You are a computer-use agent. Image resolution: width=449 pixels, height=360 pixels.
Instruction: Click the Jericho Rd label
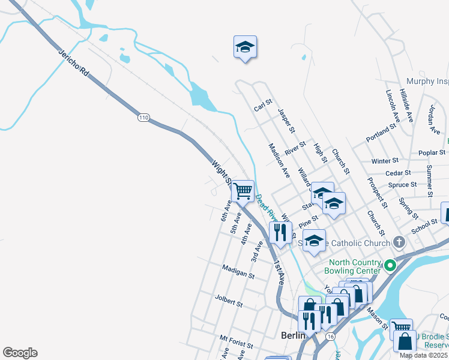click(x=73, y=62)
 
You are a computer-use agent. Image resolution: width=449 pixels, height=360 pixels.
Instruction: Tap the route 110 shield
click(x=143, y=118)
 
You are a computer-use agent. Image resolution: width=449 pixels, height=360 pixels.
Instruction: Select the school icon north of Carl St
click(x=245, y=47)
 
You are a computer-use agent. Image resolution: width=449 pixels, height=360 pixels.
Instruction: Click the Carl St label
click(x=263, y=107)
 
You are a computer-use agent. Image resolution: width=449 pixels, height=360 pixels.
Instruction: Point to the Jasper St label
click(x=286, y=121)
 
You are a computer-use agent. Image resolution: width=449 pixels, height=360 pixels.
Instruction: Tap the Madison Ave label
click(x=279, y=160)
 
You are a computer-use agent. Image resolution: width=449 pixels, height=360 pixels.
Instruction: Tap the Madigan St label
click(x=238, y=272)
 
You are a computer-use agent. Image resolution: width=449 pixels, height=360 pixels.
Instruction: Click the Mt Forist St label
click(x=236, y=342)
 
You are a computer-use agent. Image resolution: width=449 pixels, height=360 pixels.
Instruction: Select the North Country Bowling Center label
click(x=354, y=266)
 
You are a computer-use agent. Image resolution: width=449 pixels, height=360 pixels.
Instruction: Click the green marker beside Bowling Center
click(x=390, y=265)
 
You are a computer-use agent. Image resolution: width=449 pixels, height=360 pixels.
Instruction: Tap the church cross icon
click(x=398, y=242)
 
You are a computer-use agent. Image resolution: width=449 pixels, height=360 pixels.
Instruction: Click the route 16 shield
click(x=330, y=337)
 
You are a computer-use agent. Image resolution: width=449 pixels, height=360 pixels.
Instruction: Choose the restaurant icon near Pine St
click(x=280, y=232)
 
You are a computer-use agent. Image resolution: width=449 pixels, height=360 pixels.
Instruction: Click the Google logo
click(x=20, y=353)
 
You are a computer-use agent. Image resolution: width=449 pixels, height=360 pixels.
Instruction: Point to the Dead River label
click(x=264, y=208)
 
